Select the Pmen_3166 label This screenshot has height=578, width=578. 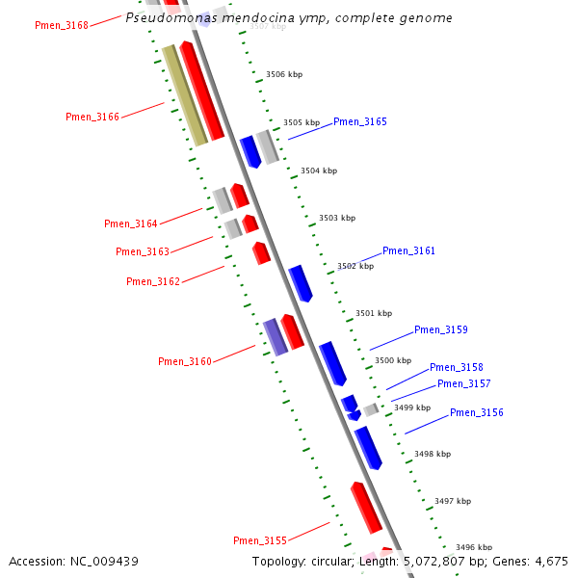92,117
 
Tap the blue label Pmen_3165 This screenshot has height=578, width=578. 360,122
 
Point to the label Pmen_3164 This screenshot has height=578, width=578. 131,223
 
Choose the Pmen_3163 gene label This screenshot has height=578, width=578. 143,251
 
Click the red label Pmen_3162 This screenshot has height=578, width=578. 153,281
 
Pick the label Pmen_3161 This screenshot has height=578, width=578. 408,250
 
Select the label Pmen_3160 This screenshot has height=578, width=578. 185,361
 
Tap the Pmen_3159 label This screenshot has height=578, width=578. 441,329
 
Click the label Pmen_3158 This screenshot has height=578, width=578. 457,367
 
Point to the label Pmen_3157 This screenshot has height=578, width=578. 464,383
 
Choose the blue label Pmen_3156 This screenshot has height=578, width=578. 477,412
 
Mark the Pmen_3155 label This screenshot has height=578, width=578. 260,539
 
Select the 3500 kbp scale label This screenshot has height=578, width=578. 392,360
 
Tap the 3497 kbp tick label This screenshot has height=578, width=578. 453,501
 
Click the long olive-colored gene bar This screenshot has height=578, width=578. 184,95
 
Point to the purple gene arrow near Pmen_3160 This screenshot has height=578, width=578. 276,336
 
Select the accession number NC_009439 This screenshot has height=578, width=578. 102,561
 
